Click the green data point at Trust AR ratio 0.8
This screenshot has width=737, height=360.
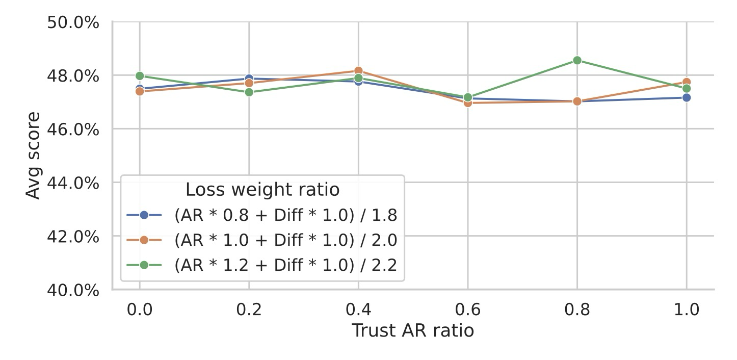[577, 60]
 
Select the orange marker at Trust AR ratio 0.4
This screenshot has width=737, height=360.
[358, 71]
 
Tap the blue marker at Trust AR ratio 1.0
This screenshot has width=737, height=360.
[687, 97]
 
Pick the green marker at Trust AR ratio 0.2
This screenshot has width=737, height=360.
[249, 92]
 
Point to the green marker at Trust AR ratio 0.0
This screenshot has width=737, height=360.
[140, 76]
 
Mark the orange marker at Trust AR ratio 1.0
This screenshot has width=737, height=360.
[687, 82]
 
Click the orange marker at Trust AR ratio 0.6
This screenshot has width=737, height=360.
[468, 103]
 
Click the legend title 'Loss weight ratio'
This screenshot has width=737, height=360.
[262, 190]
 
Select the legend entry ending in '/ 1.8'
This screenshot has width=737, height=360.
[285, 215]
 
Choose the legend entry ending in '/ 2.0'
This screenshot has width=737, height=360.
[285, 240]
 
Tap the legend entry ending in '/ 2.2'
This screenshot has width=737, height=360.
[285, 265]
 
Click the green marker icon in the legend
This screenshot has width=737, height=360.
[144, 265]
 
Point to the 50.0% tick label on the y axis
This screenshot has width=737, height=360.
[73, 23]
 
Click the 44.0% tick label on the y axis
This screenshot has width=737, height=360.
[73, 183]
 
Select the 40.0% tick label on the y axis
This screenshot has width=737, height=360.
[73, 290]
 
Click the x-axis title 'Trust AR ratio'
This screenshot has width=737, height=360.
[413, 331]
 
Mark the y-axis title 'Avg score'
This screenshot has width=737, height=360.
[33, 156]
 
